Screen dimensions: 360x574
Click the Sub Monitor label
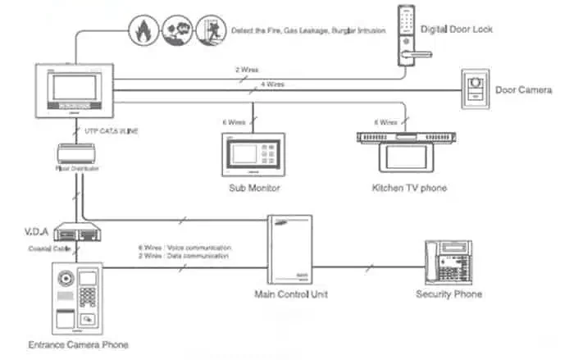point(253,188)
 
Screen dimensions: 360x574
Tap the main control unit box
point(291,245)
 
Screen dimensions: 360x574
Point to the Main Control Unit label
point(291,294)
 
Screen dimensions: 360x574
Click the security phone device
point(449,261)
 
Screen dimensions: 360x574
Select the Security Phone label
point(449,294)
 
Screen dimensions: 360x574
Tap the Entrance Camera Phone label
point(78,344)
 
